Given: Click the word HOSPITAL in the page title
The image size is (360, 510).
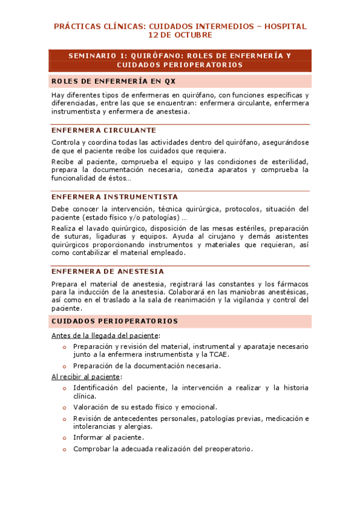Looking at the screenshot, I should click(x=284, y=26).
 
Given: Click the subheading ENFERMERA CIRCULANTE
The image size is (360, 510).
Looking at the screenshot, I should click(x=104, y=131).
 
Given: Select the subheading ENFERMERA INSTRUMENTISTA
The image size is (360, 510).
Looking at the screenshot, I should click(x=115, y=197).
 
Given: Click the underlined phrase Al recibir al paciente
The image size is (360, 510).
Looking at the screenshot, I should click(x=86, y=376).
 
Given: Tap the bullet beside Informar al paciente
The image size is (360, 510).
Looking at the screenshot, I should click(x=64, y=438).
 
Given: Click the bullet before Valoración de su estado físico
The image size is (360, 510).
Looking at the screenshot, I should click(x=64, y=407).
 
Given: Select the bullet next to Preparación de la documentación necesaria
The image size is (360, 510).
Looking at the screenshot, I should click(x=64, y=365).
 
